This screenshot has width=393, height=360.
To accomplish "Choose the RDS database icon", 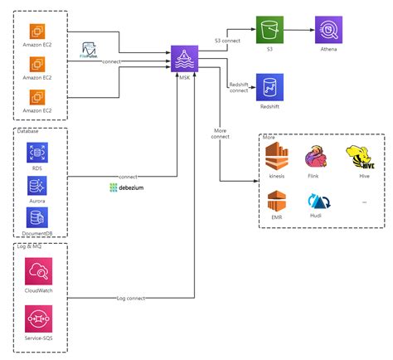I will (36, 153).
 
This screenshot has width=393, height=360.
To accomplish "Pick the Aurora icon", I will (36, 185).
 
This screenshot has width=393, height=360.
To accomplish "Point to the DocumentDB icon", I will (36, 217).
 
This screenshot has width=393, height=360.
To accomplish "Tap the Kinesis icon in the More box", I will (277, 157).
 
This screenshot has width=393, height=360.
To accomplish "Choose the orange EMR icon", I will (277, 202).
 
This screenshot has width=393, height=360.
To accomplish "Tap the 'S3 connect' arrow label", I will (229, 39).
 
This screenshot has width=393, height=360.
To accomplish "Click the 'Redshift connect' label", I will (238, 86).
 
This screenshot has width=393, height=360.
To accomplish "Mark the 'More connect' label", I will (221, 133).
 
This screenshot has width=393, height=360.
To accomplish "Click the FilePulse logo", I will (90, 50).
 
